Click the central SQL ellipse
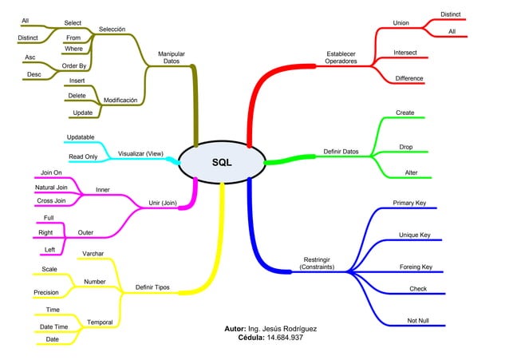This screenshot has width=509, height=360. click(x=221, y=163)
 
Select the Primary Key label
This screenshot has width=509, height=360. click(x=409, y=204)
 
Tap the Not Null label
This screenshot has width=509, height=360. click(x=417, y=320)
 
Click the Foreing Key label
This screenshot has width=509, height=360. click(x=416, y=267)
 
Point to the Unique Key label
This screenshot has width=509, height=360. click(x=415, y=235)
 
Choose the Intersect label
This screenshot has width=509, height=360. click(x=404, y=52)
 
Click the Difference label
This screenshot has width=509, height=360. click(x=409, y=78)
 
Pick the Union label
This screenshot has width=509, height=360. click(x=400, y=22)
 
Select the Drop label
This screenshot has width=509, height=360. click(x=406, y=146)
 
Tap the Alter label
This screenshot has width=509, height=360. click(x=411, y=172)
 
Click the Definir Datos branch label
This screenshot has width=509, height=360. click(x=341, y=151)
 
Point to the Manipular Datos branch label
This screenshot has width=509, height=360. click(x=172, y=57)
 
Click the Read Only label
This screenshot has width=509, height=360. click(x=82, y=156)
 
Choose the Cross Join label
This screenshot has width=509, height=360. click(x=50, y=200)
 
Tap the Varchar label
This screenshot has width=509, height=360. click(x=93, y=253)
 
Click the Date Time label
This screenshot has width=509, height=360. click(x=53, y=326)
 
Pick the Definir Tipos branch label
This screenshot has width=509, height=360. click(x=152, y=287)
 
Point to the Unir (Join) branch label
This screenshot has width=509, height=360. click(x=163, y=203)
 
